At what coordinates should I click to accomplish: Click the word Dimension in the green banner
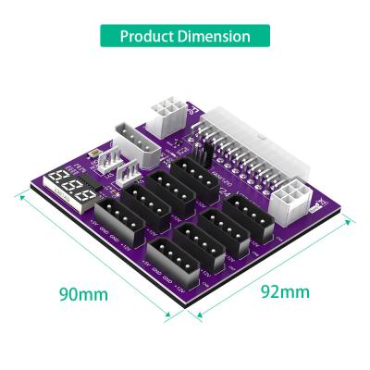[x=218, y=37]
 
